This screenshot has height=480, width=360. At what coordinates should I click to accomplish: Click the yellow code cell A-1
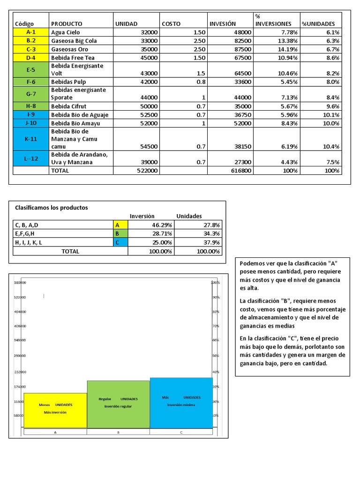[x=31, y=32]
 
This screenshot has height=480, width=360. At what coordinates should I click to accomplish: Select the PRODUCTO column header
[x=67, y=23]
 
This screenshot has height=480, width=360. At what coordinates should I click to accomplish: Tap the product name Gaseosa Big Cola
[x=74, y=41]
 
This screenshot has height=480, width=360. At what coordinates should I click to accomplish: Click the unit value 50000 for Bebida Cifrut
[x=149, y=106]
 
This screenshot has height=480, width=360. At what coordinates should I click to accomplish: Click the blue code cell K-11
[x=31, y=139]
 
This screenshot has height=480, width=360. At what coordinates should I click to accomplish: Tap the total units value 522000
[x=147, y=171]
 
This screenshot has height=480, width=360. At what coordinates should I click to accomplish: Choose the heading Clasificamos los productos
[x=52, y=207]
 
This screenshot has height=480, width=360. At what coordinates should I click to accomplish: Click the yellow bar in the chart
[x=55, y=410]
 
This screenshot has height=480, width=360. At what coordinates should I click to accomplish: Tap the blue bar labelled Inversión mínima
[x=181, y=403]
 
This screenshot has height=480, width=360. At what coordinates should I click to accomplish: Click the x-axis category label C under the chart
[x=181, y=432]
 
